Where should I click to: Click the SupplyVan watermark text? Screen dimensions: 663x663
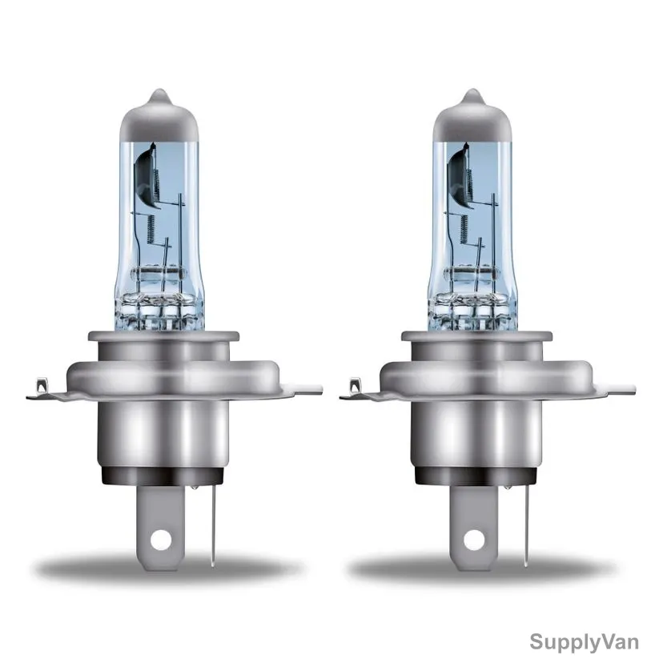click(584, 641)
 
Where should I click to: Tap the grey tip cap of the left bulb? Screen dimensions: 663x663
click(159, 115)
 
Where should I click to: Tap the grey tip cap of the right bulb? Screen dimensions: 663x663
click(472, 115)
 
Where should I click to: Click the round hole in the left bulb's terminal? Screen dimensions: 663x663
click(161, 540)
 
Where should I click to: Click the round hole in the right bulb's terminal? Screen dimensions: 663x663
click(474, 540)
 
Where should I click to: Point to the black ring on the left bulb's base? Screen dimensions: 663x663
click(163, 476)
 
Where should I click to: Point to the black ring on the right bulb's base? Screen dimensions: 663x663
click(476, 476)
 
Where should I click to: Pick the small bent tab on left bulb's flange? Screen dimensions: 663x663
click(42, 385)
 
